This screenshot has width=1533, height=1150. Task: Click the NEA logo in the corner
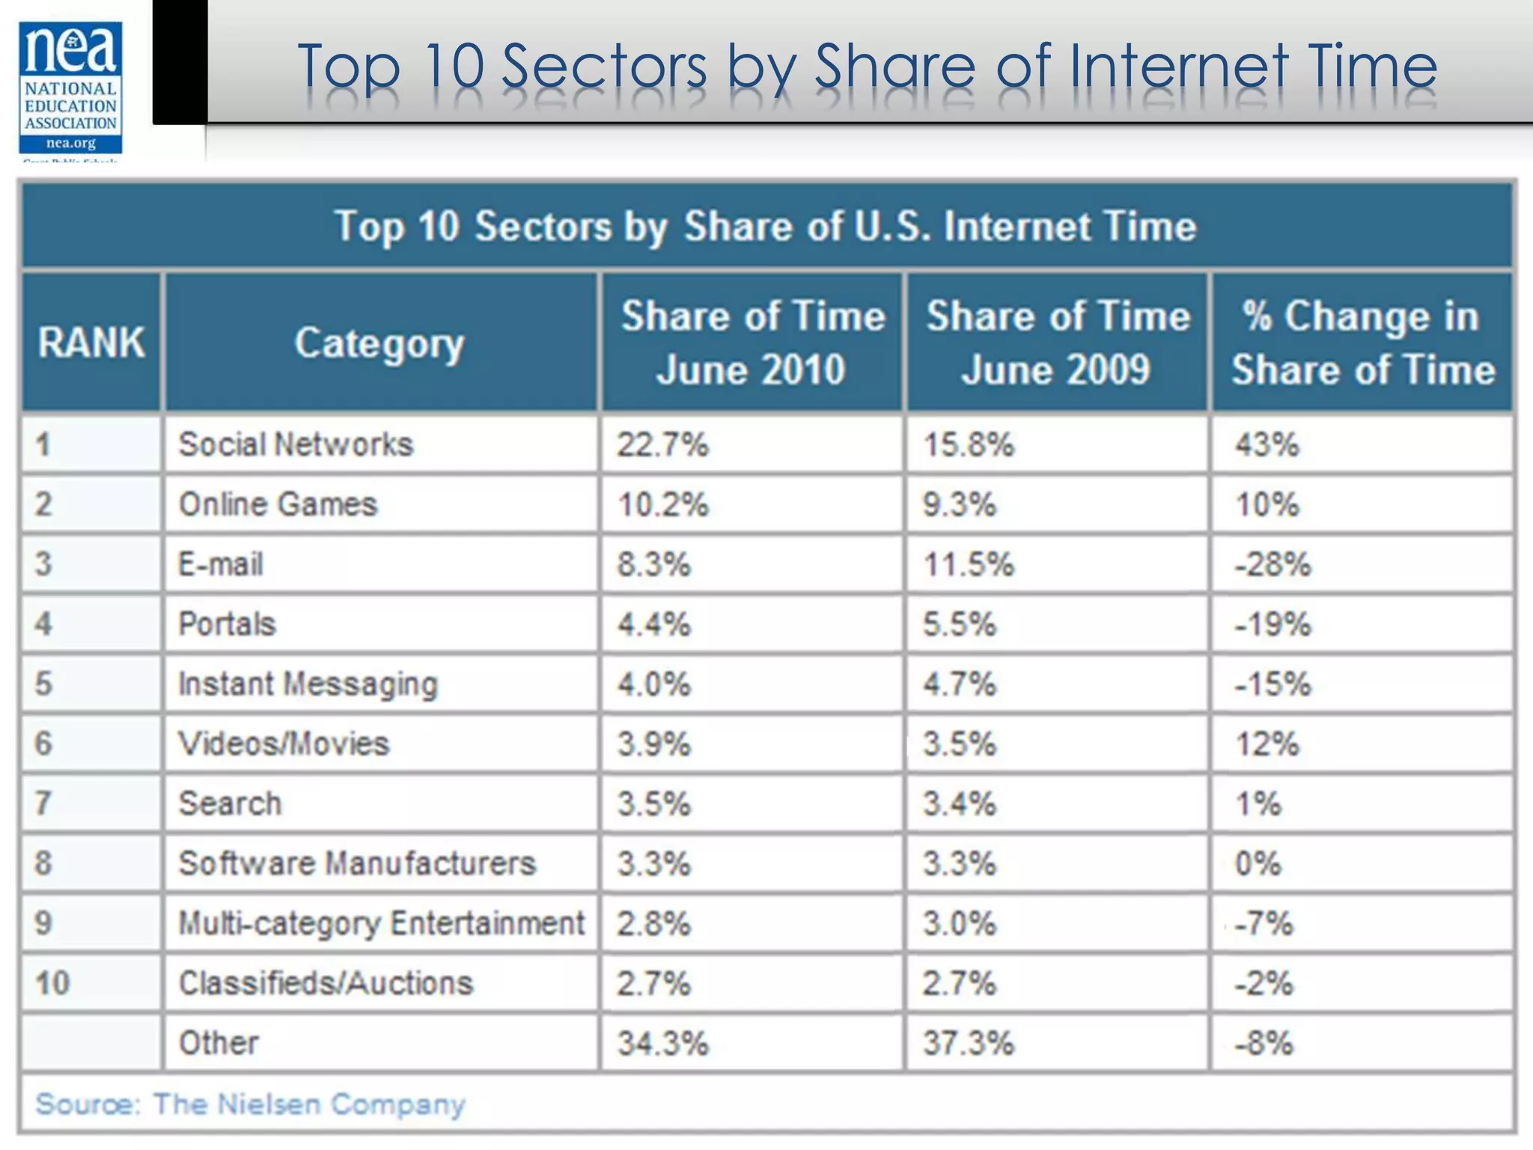[x=70, y=88]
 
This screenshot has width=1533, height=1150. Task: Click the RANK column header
[x=91, y=343]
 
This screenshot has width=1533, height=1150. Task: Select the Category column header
[x=380, y=344]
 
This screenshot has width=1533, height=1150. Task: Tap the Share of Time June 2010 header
[x=752, y=343]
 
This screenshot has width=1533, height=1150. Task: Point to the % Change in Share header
[x=1362, y=343]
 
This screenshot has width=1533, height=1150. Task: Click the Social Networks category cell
[x=296, y=444]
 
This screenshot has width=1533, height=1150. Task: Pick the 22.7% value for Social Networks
[x=662, y=445]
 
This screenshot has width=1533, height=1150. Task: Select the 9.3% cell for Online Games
[x=959, y=505]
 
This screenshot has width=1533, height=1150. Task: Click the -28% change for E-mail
[x=1273, y=565]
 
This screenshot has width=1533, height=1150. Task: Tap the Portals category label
[x=227, y=624]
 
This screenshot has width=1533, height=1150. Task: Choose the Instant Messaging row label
[x=308, y=684]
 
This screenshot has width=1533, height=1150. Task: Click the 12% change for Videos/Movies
[x=1267, y=743]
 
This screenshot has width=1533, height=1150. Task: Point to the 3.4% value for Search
[x=959, y=804]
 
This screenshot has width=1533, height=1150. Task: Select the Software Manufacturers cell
[x=357, y=863]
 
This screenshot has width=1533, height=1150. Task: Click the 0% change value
[x=1258, y=864]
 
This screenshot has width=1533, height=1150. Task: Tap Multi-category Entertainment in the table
[x=381, y=923]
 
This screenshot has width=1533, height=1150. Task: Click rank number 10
[x=52, y=983]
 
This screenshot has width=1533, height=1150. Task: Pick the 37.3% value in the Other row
[x=968, y=1043]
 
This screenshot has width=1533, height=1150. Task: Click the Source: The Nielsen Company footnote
[x=251, y=1104]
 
